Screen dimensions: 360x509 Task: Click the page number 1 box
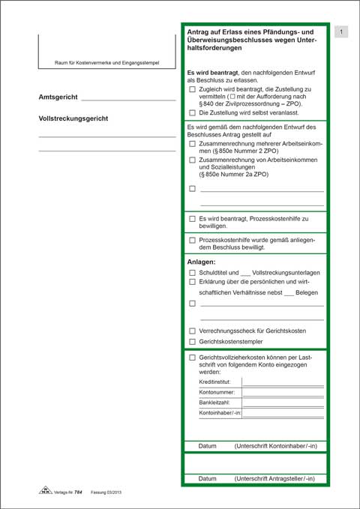341,32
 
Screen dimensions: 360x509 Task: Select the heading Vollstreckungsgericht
73,118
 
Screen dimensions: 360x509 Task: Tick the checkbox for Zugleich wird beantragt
193,88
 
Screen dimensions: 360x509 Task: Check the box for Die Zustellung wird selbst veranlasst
193,112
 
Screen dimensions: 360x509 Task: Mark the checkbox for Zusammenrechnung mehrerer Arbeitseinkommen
193,143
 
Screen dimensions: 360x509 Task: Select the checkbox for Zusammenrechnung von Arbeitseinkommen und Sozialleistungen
193,160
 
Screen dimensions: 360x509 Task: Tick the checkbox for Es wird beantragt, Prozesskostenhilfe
193,218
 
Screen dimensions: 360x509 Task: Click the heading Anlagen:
201,262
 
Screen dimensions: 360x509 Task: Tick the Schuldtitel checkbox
193,273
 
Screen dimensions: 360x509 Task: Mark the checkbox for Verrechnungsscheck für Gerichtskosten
193,331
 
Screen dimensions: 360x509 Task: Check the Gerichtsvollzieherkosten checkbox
193,358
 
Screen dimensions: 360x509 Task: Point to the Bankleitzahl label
214,403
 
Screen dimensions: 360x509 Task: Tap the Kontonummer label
217,392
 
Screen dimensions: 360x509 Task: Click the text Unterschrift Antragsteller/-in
274,478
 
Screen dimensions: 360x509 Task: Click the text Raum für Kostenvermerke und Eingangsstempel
106,62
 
